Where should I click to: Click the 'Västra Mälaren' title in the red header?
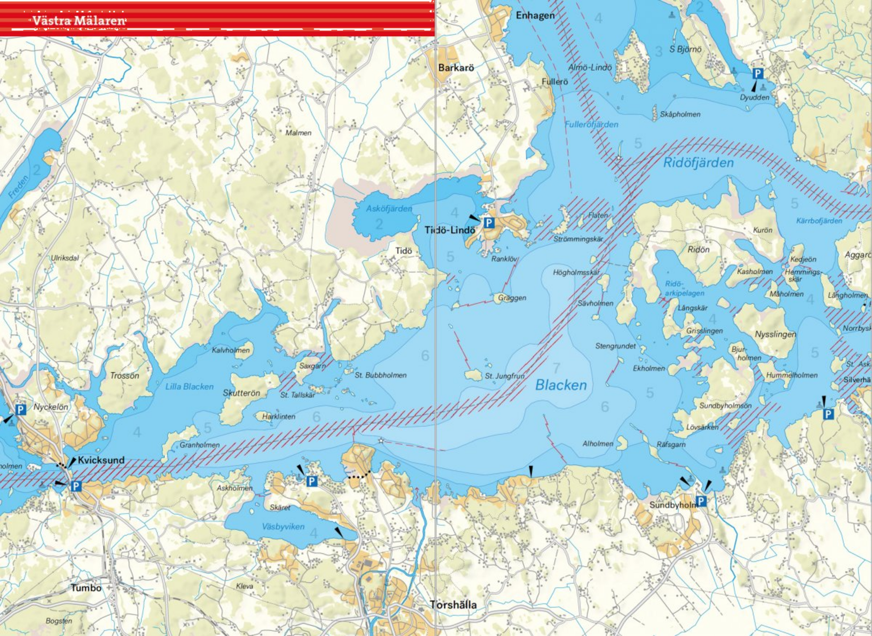coord(79,21)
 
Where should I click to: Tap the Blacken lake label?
coord(561,385)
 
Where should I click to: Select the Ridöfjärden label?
coord(698,163)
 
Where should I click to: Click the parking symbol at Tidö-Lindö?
coord(489,223)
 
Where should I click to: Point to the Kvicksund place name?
coord(101,460)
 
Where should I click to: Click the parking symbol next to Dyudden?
coord(758,74)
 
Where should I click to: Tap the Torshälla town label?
coord(453,605)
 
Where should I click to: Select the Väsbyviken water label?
coord(283,526)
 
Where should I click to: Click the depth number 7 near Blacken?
coord(556,368)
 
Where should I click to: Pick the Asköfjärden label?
coord(389,208)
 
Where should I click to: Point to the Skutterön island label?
coord(241,393)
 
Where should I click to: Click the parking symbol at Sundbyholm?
coord(701,501)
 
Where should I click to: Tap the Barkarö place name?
coord(456,68)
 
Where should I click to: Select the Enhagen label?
coord(535,16)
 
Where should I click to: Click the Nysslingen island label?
coord(775,334)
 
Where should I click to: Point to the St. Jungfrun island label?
coord(504,376)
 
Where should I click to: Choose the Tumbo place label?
coord(86,588)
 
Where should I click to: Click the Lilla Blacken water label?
coord(190,386)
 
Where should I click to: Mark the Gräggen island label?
coord(512,298)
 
